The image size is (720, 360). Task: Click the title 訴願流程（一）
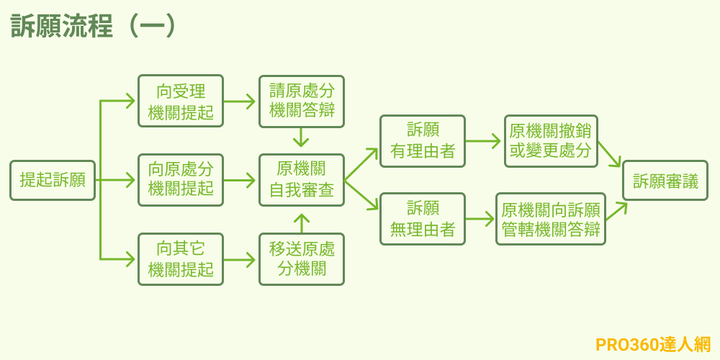point(94,25)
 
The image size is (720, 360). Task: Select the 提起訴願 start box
point(53,180)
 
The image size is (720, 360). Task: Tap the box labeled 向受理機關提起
point(181,102)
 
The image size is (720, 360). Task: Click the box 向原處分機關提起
point(181,180)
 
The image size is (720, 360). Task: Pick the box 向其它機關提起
point(181,259)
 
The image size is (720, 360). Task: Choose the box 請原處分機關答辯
point(302,102)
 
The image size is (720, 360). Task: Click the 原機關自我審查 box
point(302,180)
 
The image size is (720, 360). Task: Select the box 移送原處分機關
point(302,259)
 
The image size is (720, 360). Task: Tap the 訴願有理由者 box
point(423,141)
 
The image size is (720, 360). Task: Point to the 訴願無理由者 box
point(423,219)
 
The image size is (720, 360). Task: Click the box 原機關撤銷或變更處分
point(551,141)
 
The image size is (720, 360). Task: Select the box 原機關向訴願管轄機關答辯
point(551,219)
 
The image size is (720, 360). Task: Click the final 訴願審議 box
point(665,180)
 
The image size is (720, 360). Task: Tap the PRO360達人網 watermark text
point(652,344)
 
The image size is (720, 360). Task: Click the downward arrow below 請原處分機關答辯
point(302,138)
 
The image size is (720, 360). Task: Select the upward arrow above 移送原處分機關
point(302,222)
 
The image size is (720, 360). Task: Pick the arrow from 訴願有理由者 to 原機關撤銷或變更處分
point(484,141)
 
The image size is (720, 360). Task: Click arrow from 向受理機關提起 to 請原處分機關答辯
point(240,102)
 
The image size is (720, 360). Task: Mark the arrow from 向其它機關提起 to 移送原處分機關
point(240,259)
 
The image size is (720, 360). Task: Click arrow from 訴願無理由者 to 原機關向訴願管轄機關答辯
point(480,219)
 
